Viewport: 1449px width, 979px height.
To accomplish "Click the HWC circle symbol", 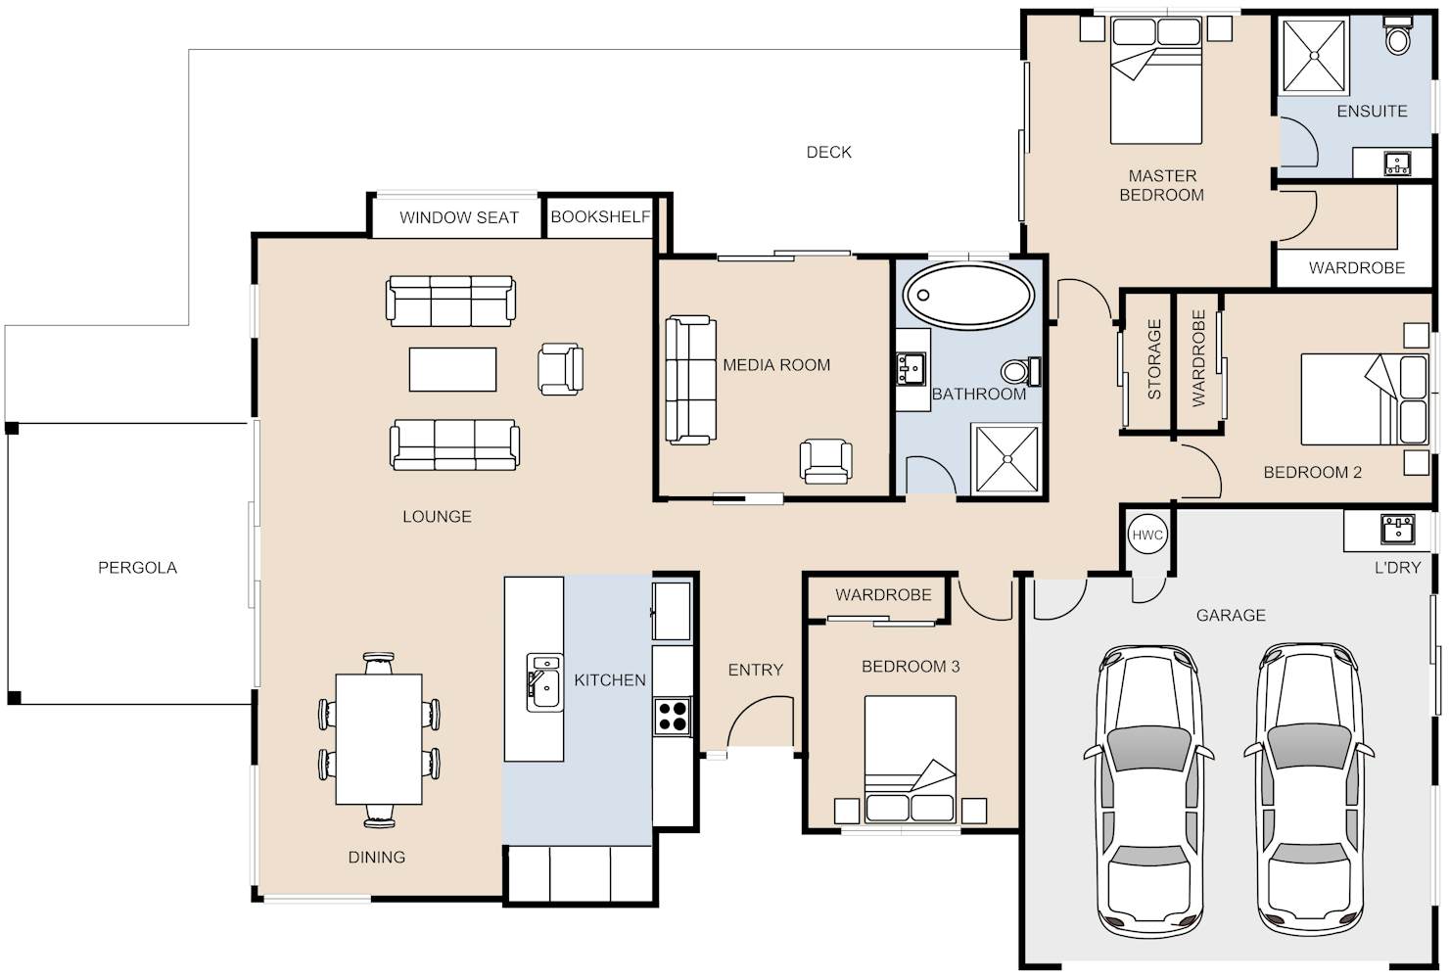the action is pos(1147,535).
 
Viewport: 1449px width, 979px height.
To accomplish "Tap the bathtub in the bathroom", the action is pos(968,296).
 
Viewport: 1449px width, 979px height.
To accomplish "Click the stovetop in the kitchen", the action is pos(672,717).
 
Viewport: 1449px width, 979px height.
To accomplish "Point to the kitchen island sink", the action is pos(544,682).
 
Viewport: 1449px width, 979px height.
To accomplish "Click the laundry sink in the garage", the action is pos(1397,530).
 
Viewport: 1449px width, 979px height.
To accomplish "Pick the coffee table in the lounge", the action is pos(452,369).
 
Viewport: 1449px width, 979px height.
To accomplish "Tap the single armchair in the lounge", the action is pos(560,368).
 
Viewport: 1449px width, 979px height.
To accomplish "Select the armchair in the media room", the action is pos(825,461).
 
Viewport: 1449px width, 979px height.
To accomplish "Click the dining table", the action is pos(379,739).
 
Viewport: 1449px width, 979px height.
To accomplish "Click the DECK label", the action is pos(828,152).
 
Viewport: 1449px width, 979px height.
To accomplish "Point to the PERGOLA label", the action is pos(137,568).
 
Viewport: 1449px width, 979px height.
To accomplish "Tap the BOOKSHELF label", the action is pos(599,216).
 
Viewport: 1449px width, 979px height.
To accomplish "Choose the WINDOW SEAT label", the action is pos(459,217).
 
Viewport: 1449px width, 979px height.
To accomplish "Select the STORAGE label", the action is pos(1154,359).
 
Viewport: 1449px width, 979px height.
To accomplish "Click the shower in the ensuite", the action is pos(1315,56).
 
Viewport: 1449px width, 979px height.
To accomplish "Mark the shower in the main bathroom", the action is pos(1006,459).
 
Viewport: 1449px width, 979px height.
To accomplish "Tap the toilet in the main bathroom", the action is pos(1021,372).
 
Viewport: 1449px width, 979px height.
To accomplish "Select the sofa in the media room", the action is pos(691,380).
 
